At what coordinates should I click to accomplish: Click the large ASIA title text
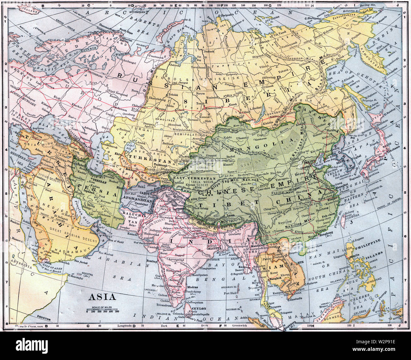tap(102, 297)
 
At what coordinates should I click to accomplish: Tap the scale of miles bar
tap(102, 310)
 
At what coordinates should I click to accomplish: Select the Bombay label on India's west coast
tap(152, 261)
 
